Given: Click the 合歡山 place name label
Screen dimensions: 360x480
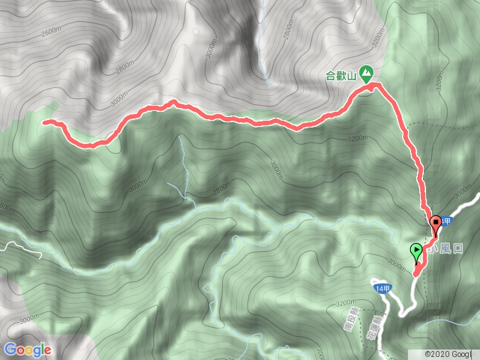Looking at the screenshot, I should [341, 74].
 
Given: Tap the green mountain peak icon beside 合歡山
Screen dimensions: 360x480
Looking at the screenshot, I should [366, 73].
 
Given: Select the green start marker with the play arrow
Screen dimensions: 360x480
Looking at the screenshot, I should [415, 252].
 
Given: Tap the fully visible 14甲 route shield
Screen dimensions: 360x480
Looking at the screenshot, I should [382, 286].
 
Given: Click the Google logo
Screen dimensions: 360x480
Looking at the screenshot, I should [27, 349].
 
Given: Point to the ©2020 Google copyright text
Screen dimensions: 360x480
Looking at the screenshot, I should [448, 353].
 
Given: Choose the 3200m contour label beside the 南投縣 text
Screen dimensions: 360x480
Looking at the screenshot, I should [346, 303].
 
